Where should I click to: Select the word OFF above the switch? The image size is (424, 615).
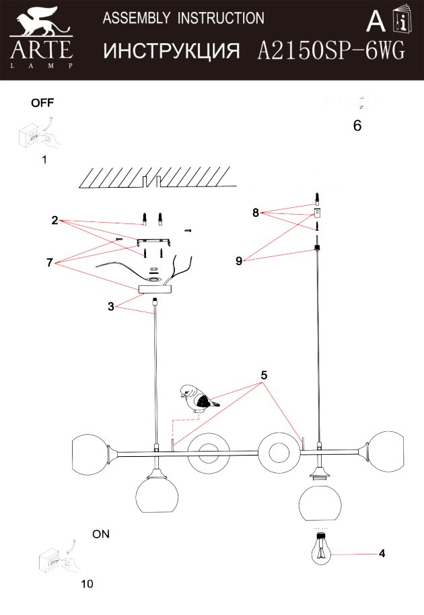(42, 103)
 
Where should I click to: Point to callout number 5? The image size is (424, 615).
(264, 376)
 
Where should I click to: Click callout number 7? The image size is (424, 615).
(50, 262)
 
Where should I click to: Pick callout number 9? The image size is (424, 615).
(239, 262)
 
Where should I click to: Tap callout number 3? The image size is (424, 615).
(110, 306)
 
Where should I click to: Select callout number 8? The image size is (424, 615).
(256, 213)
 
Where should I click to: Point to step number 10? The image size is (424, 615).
(87, 583)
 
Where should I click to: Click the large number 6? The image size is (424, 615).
(357, 126)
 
